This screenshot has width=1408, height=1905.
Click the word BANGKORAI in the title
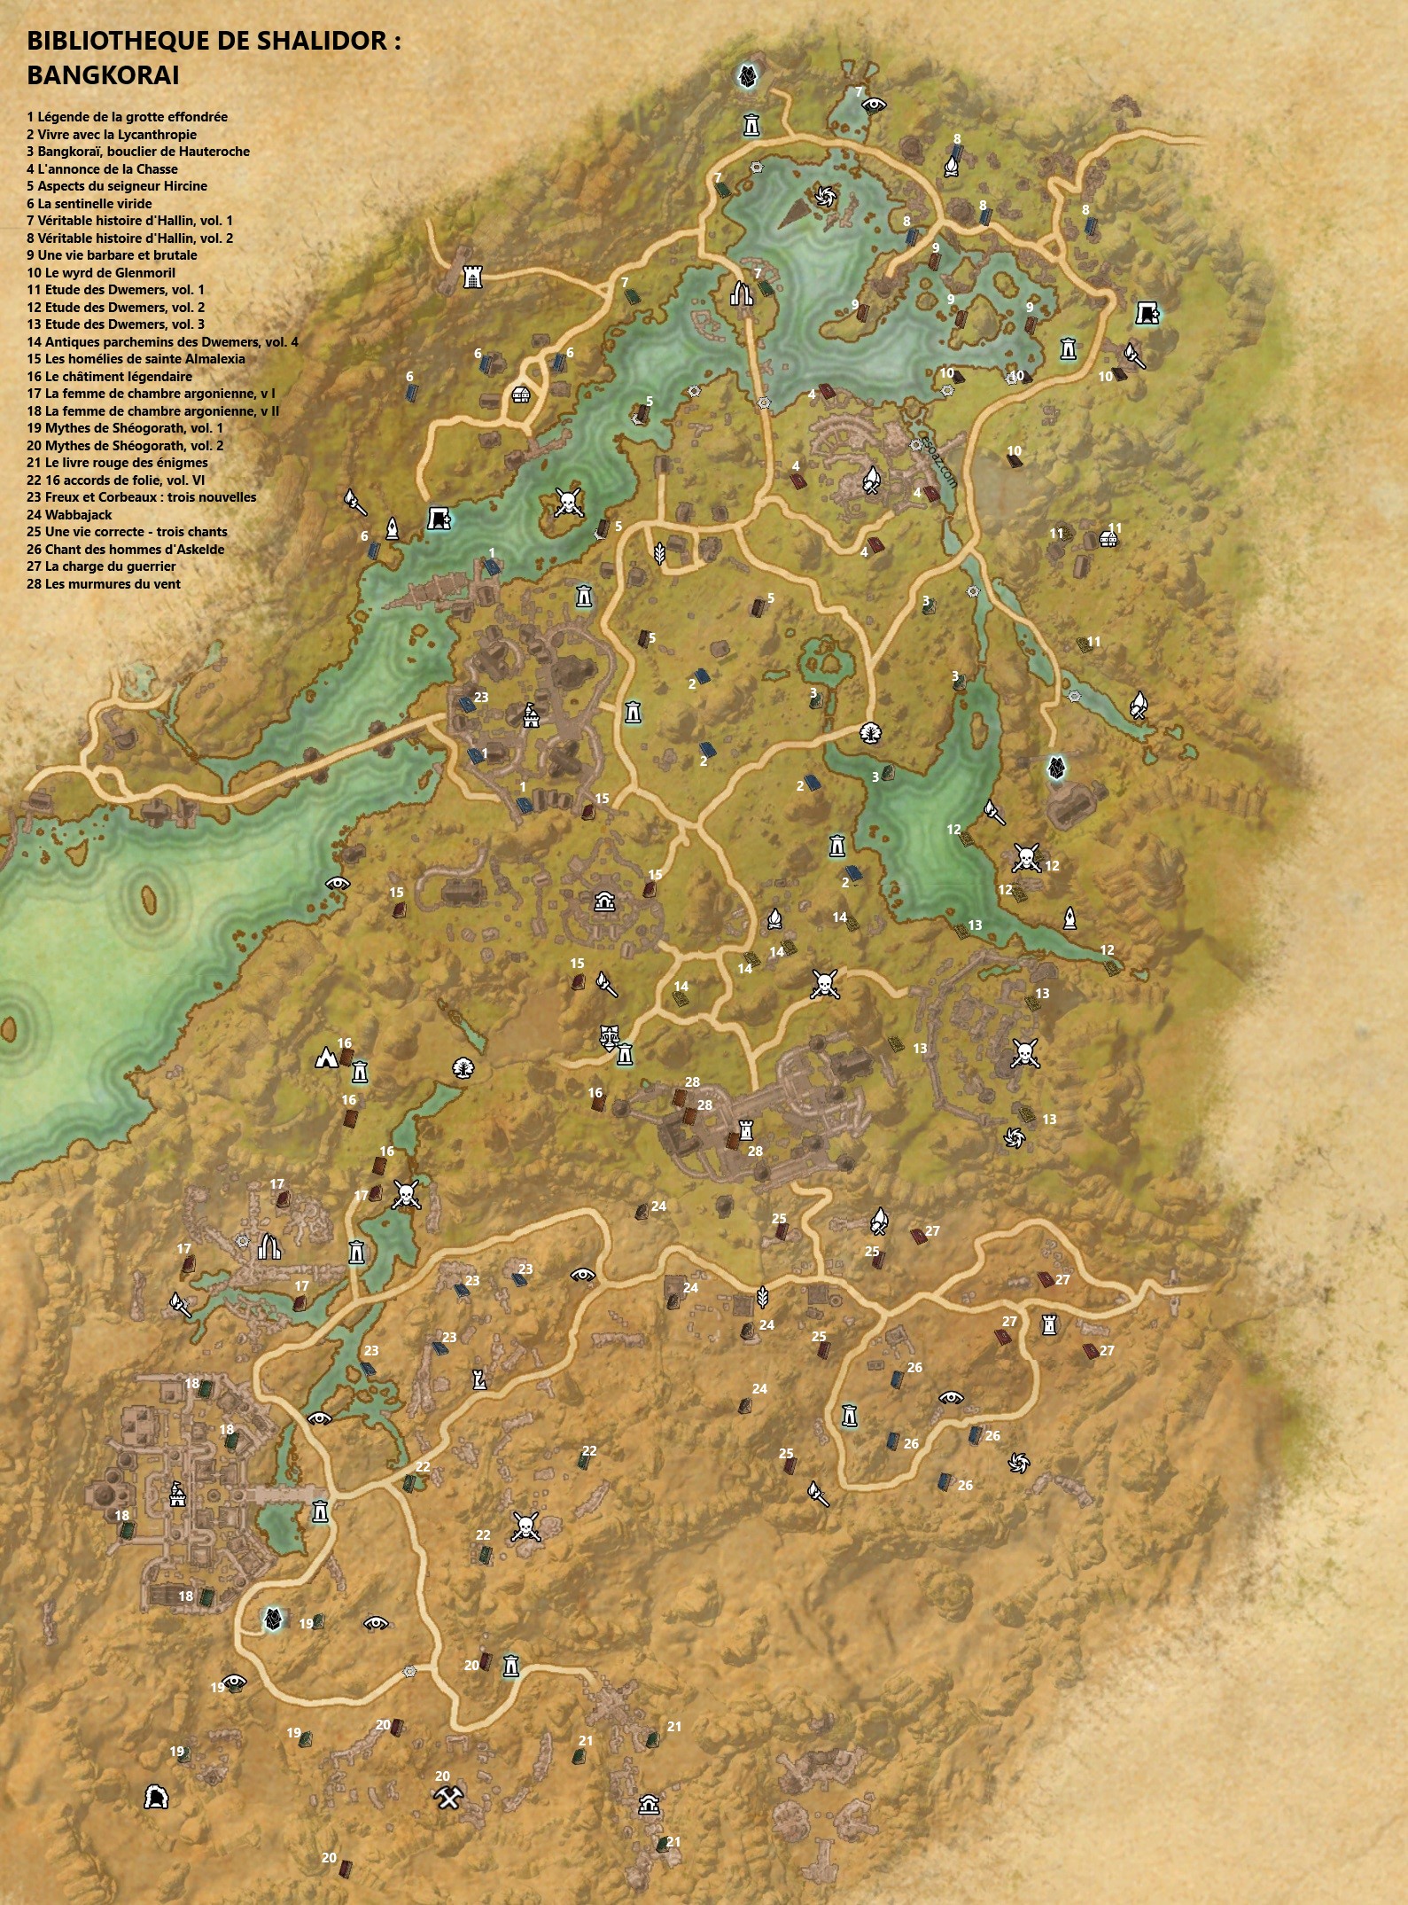103,76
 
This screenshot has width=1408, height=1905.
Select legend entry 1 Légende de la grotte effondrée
127,117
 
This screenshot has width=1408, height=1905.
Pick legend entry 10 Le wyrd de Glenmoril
101,273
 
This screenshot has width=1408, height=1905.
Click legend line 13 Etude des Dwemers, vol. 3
115,324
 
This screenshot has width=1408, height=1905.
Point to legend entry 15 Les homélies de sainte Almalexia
136,359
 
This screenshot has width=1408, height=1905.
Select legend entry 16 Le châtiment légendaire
109,377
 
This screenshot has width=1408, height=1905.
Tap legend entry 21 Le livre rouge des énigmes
117,463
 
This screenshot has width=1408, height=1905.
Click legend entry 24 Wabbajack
69,515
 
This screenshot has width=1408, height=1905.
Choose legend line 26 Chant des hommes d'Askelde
125,550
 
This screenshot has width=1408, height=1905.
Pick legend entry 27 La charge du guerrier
101,566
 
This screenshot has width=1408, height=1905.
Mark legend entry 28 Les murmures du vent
104,584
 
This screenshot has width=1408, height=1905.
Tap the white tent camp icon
325,1058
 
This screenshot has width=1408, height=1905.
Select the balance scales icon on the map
609,1034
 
